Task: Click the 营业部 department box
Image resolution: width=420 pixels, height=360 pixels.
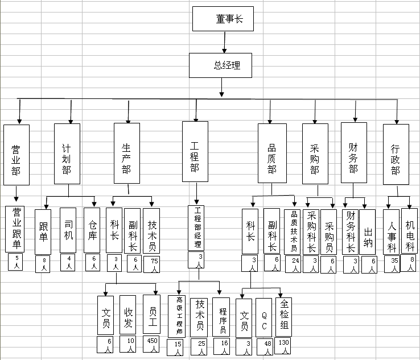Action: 16,154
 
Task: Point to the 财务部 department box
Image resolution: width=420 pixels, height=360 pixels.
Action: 353,152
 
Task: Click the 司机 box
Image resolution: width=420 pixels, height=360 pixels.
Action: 68,230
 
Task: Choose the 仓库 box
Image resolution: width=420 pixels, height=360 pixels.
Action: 92,230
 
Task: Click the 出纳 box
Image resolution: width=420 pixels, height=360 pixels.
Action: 368,232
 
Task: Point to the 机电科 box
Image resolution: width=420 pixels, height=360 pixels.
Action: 410,230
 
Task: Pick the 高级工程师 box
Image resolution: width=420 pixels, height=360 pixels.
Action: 178,315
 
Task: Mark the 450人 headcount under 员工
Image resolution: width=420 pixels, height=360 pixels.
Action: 152,344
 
